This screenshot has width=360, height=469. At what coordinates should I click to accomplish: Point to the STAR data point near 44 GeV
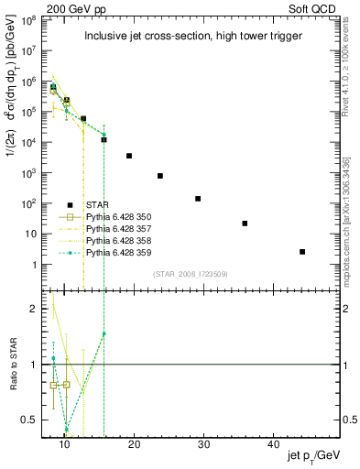[x=302, y=251]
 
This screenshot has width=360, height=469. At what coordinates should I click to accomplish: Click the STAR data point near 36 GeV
[x=245, y=223]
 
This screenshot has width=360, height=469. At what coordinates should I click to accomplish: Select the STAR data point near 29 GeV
[x=198, y=198]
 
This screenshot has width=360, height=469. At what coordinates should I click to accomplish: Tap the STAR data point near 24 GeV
[x=160, y=176]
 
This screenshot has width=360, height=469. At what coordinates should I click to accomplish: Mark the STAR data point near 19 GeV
[x=129, y=156]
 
